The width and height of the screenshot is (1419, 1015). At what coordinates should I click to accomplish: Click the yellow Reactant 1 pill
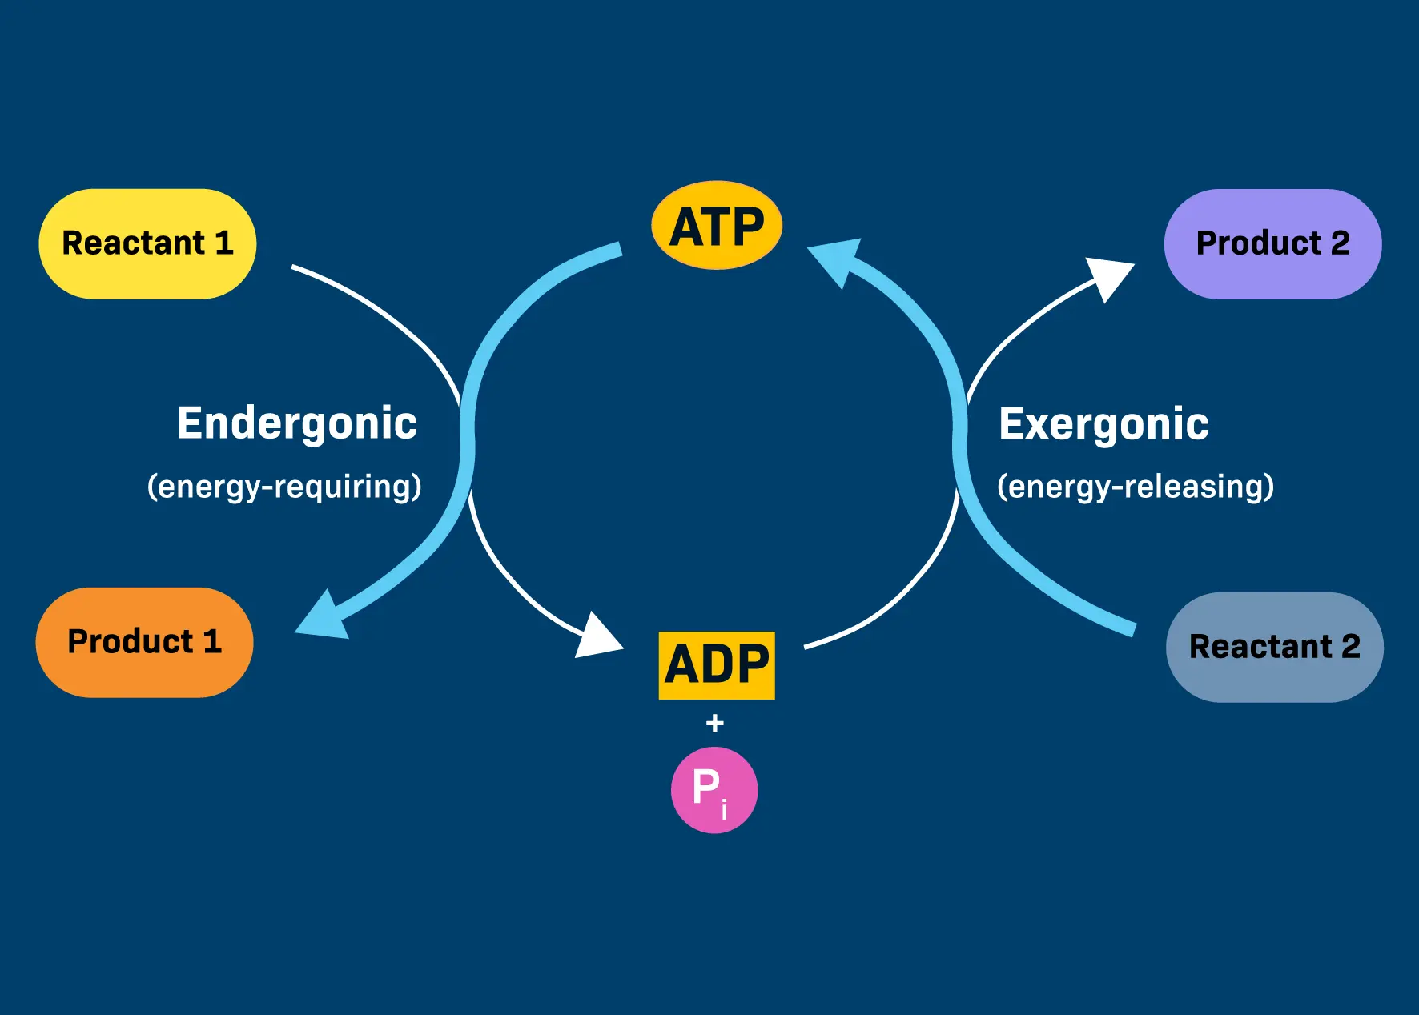(x=147, y=243)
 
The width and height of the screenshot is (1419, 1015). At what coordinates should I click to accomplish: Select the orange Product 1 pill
(x=144, y=642)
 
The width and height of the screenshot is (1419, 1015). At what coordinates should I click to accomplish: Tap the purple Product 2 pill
(x=1272, y=243)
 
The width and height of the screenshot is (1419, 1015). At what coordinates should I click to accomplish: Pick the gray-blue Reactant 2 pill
(x=1274, y=647)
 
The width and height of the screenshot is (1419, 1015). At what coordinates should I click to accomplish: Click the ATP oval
(x=717, y=225)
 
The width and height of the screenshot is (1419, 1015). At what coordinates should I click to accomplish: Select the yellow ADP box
(x=717, y=665)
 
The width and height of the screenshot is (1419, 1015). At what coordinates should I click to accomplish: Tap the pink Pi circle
(x=714, y=790)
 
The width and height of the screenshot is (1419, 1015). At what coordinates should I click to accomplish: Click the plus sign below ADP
(x=715, y=724)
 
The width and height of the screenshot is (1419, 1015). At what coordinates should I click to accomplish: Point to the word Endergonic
(x=297, y=423)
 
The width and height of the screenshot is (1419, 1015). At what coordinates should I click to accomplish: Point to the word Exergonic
(x=1103, y=424)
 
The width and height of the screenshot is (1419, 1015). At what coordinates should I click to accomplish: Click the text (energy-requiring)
(x=284, y=487)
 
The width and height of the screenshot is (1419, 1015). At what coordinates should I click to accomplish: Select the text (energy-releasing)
(x=1136, y=487)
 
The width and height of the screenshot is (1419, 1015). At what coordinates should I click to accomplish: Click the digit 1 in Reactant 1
(x=224, y=243)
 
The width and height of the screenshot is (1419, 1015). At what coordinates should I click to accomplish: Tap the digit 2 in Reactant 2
(x=1351, y=647)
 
